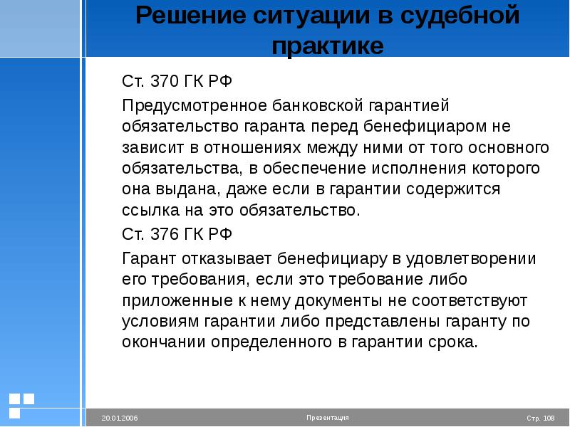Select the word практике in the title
tap(328, 46)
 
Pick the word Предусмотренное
tap(195, 106)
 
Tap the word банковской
tap(317, 105)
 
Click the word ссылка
tap(151, 211)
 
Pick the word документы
tap(338, 301)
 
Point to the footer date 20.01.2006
tap(120, 418)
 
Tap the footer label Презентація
tap(328, 418)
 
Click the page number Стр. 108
tap(541, 418)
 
